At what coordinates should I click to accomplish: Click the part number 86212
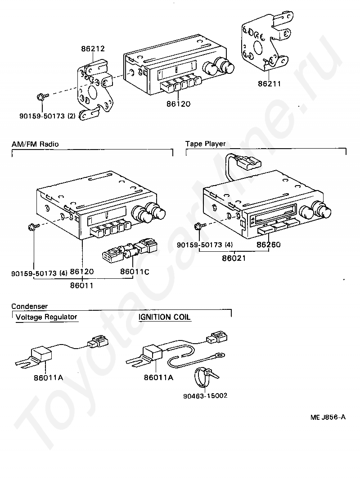pyautogui.click(x=93, y=48)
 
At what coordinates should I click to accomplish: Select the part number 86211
pyautogui.click(x=270, y=84)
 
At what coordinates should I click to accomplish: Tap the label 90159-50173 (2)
pyautogui.click(x=47, y=116)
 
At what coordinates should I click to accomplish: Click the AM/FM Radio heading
pyautogui.click(x=35, y=144)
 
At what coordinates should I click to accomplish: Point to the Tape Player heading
pyautogui.click(x=205, y=144)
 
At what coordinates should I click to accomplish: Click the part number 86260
pyautogui.click(x=268, y=245)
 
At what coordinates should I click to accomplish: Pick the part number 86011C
pyautogui.click(x=134, y=272)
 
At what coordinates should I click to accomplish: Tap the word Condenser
pyautogui.click(x=30, y=307)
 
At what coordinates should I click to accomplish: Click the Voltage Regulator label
pyautogui.click(x=46, y=317)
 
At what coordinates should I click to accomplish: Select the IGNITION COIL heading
pyautogui.click(x=165, y=317)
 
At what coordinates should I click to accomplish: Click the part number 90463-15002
pyautogui.click(x=205, y=396)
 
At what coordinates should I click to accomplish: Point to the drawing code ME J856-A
pyautogui.click(x=328, y=417)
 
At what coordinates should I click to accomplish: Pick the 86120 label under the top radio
pyautogui.click(x=179, y=104)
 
